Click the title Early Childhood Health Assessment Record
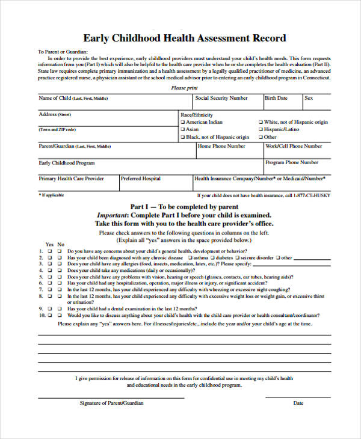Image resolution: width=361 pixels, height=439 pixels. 184,38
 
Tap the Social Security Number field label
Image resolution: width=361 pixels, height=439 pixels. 221,98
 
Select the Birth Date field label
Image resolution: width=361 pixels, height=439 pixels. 276,98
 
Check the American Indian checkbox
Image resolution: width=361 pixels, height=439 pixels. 182,122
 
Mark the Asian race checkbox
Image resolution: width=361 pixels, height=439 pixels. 182,129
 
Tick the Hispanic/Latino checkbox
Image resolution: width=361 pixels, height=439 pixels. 261,129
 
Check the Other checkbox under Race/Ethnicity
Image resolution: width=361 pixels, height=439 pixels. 261,137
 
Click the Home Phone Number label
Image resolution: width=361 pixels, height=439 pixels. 221,146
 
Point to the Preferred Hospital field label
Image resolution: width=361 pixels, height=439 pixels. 140,179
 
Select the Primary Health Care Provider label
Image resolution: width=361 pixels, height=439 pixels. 71,179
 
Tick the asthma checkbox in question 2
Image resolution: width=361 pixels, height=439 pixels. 190,258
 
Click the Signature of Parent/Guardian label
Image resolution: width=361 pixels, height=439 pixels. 111,403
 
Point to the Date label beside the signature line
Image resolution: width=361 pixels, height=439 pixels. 298,403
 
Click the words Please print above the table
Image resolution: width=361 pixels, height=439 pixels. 184,88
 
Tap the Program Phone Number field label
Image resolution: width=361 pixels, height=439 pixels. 292,162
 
